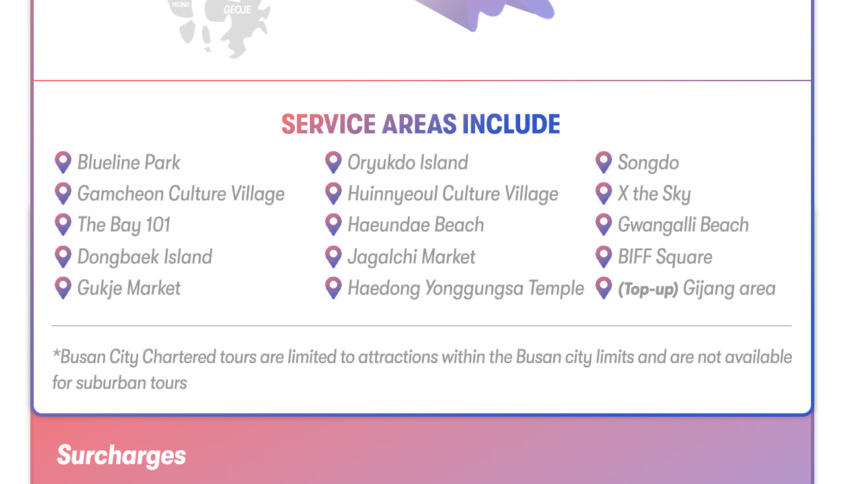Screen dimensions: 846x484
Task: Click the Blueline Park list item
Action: (129, 163)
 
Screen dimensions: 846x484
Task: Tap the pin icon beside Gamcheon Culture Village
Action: (63, 193)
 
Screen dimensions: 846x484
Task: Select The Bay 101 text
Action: (124, 225)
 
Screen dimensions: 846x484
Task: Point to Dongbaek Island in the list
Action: (145, 257)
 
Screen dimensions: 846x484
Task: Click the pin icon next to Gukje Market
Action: (63, 288)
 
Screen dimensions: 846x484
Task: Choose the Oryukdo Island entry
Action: (408, 163)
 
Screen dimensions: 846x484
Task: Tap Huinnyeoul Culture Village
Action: (453, 194)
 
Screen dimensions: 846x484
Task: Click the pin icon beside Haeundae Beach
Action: (334, 225)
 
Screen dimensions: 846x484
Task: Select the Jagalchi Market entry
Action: (411, 258)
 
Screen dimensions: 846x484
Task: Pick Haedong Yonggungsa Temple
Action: (466, 289)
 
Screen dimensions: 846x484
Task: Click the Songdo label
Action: (648, 163)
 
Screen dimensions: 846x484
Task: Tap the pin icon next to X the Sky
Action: (604, 193)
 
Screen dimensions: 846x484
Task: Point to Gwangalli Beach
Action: (683, 225)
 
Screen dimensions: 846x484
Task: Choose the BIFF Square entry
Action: (665, 258)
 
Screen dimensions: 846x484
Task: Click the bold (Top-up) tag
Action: (648, 289)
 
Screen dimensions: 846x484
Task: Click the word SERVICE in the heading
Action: (328, 125)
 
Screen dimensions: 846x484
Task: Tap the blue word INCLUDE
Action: (511, 125)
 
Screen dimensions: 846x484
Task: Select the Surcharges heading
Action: (121, 456)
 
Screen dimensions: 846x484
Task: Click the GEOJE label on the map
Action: (237, 10)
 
